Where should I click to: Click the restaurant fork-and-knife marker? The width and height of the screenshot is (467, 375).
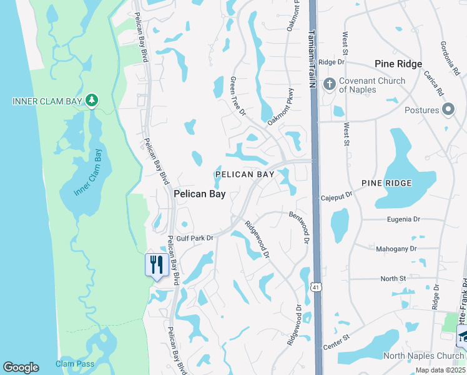(155, 265)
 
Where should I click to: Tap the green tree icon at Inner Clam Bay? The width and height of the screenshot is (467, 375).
(92, 100)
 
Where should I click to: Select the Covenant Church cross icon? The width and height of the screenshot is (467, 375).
(330, 84)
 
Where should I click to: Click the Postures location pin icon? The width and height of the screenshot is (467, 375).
(448, 110)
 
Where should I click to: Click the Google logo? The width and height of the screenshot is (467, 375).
(21, 367)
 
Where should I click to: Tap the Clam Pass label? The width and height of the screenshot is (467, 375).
(74, 364)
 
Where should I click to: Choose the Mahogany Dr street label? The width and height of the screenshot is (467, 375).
(396, 249)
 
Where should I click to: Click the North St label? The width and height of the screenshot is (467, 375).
(393, 278)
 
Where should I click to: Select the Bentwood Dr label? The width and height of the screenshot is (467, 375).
(300, 227)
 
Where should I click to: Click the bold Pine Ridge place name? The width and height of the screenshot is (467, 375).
(398, 64)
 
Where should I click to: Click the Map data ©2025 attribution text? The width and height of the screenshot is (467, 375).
(440, 370)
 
